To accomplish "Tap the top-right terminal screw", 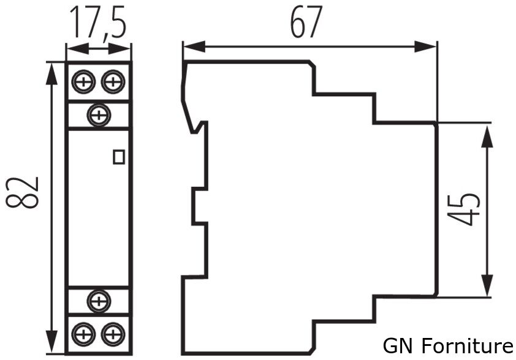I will [113, 81].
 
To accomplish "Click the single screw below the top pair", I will [98, 114].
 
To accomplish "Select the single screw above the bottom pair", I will [98, 300].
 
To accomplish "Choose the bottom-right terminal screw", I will [113, 334].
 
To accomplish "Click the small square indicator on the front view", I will [119, 157].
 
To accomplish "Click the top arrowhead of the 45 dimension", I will [487, 133].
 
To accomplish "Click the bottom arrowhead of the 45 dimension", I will [487, 287].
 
